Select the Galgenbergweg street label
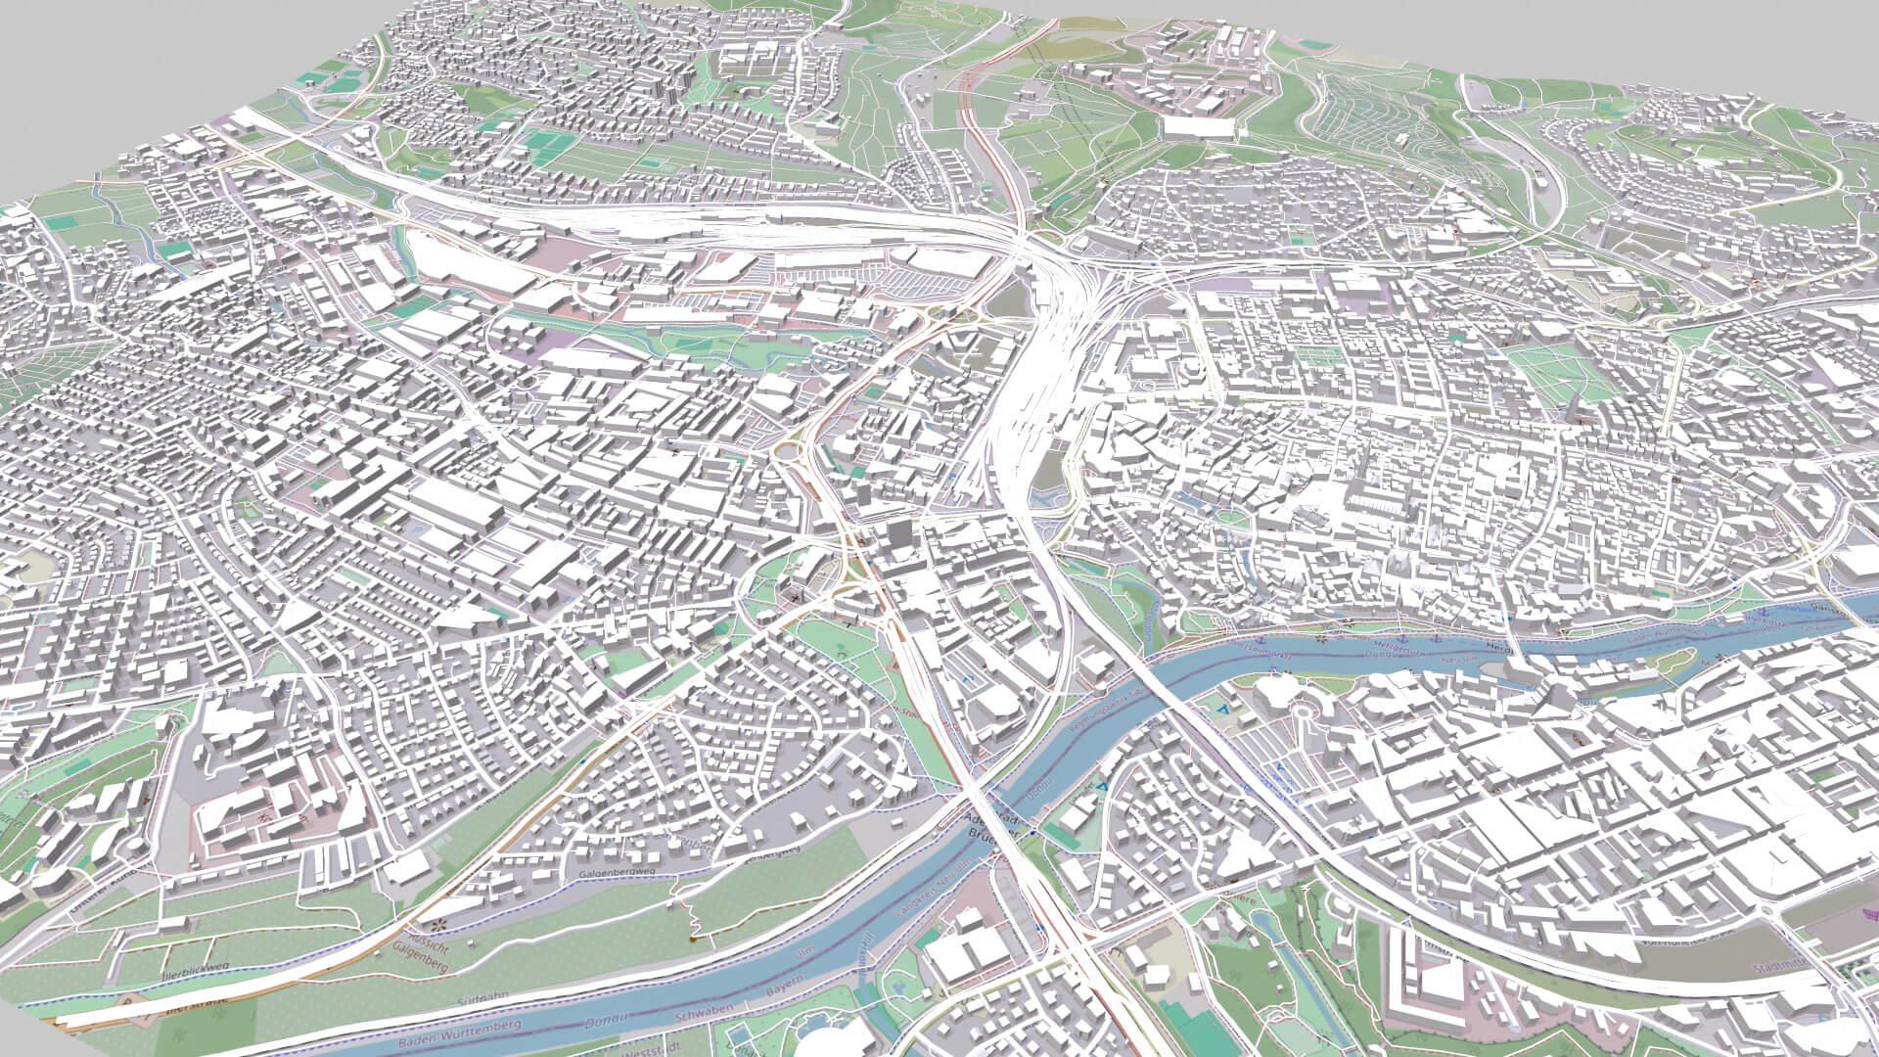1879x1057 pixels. point(615,873)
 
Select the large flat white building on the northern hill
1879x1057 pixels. point(1199,128)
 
